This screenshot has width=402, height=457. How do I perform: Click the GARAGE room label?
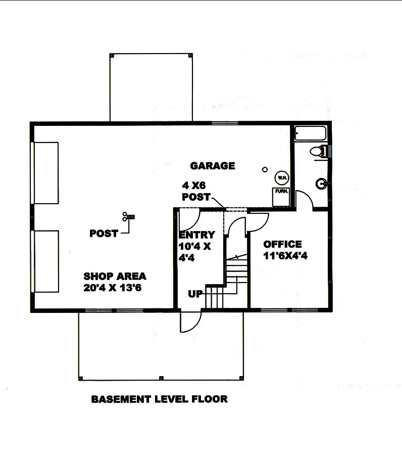point(212,165)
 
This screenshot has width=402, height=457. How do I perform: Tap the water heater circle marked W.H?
point(281,178)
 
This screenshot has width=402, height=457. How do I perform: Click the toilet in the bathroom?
point(318,151)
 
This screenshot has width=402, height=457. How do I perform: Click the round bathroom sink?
point(321,184)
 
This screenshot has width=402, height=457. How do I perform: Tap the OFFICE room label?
point(282,245)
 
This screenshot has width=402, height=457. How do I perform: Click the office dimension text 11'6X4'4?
point(285,256)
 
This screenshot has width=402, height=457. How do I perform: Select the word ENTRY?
point(197,235)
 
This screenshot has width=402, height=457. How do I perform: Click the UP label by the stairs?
point(195,294)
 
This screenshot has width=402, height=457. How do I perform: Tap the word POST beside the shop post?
point(104,234)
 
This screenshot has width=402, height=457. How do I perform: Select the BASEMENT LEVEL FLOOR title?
point(159,399)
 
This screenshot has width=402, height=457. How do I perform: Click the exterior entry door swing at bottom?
point(190,321)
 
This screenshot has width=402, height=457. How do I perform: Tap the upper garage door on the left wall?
point(45,172)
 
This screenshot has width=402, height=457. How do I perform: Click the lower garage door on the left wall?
point(45,261)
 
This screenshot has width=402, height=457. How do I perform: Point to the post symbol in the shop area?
point(128,217)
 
